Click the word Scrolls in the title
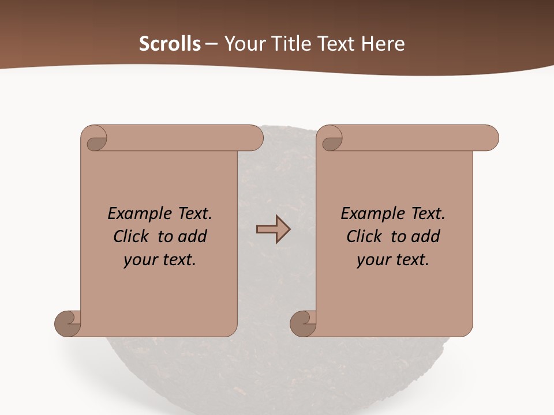(x=170, y=44)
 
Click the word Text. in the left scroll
(x=192, y=214)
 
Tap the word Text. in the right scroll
(x=425, y=214)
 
